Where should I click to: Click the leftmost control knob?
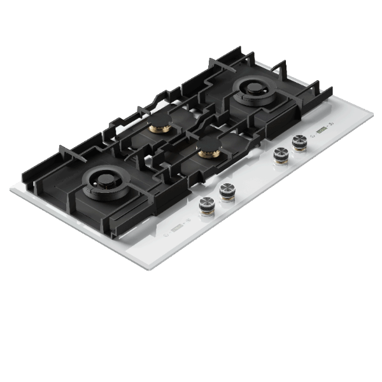tap(206, 204)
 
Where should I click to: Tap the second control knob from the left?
tap(226, 190)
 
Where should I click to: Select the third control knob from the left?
tap(279, 153)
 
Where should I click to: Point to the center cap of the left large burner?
tap(99, 183)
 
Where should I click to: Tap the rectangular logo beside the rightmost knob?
tap(321, 131)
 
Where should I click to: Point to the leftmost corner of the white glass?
tap(10, 189)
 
